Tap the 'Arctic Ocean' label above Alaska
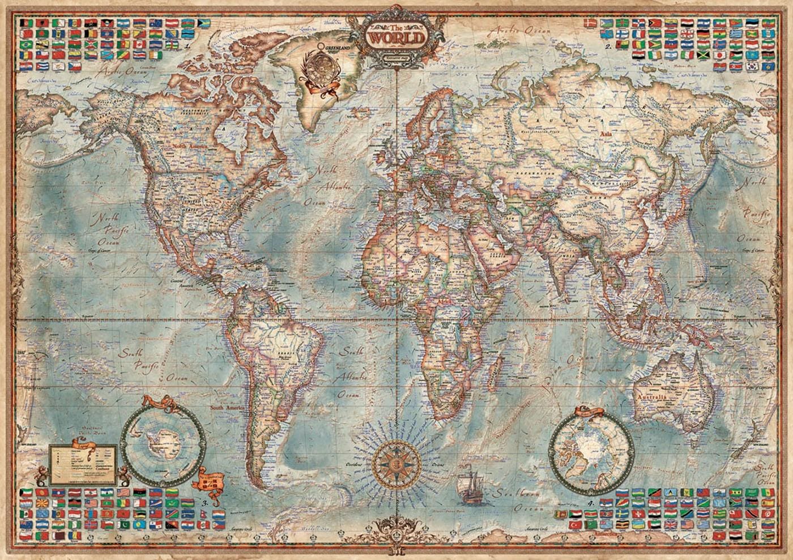click(x=122, y=72)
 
